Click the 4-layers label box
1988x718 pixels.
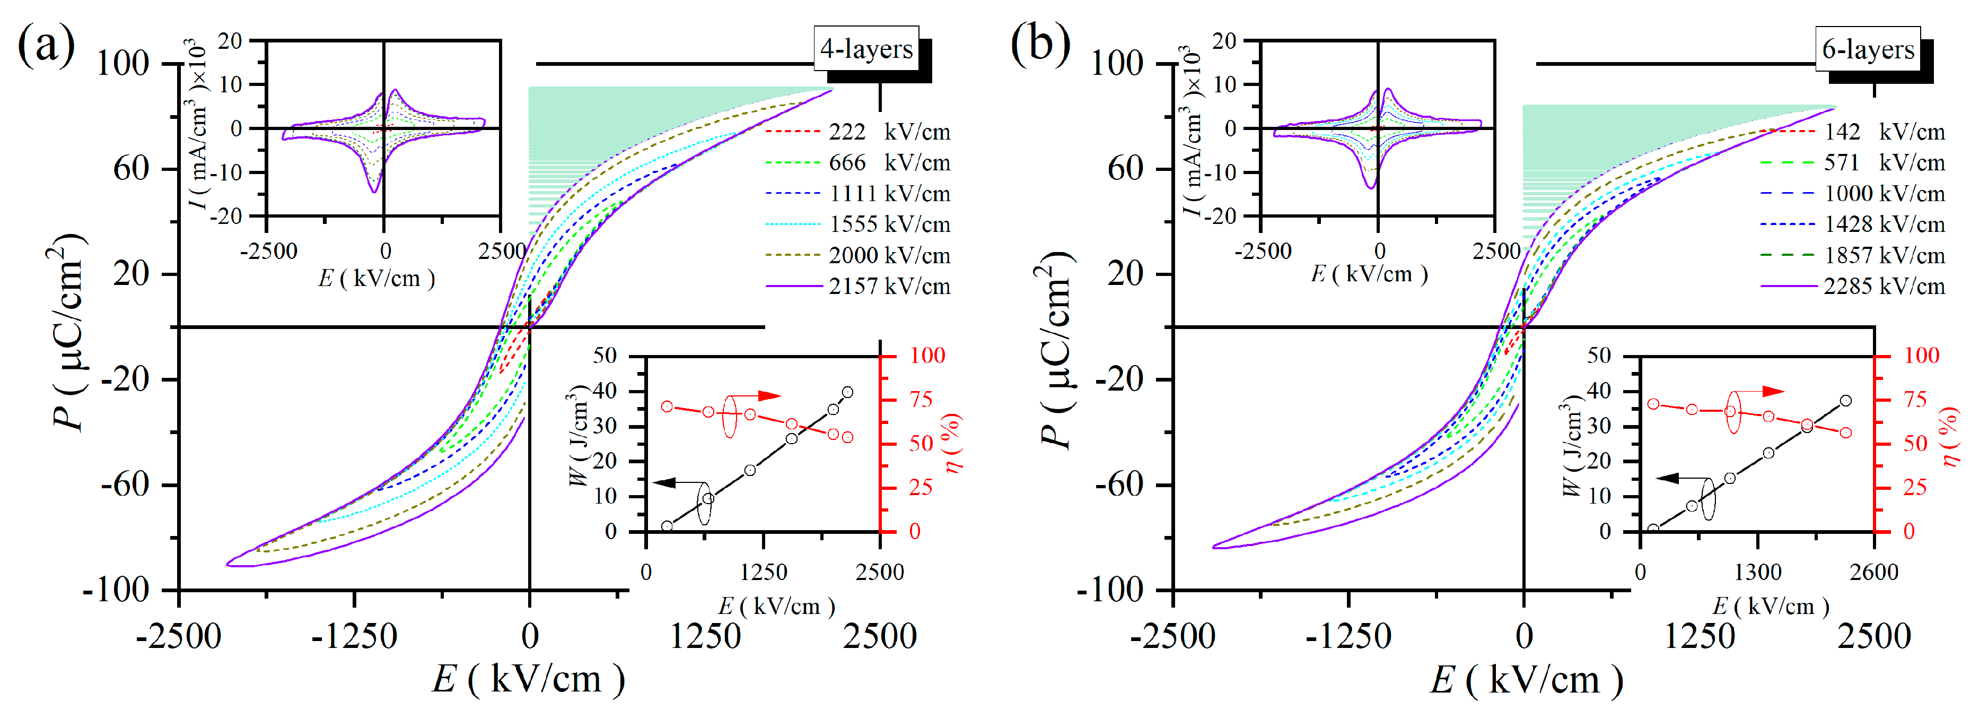pyautogui.click(x=866, y=49)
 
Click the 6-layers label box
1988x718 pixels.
pyautogui.click(x=1868, y=49)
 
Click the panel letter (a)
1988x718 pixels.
pyautogui.click(x=46, y=45)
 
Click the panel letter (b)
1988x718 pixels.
pyautogui.click(x=1040, y=45)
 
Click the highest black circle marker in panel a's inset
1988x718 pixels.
pyautogui.click(x=847, y=392)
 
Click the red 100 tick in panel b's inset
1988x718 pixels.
pyautogui.click(x=1922, y=356)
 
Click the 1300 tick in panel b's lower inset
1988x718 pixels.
pyautogui.click(x=1758, y=572)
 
